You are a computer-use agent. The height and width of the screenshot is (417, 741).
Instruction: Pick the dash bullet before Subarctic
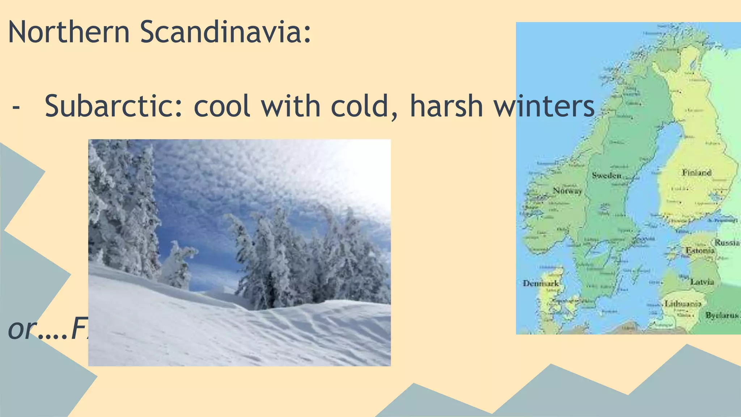(x=16, y=108)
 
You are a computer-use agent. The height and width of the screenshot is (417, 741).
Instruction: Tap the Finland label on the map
(x=696, y=173)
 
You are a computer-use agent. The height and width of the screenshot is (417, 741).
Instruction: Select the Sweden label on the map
(x=606, y=176)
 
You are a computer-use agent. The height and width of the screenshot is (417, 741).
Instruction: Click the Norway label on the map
(x=567, y=191)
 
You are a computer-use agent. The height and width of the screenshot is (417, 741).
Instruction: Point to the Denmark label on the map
(x=541, y=283)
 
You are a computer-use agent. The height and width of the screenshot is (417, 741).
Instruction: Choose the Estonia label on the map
(x=700, y=250)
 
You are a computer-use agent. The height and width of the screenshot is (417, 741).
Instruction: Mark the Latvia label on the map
(x=702, y=282)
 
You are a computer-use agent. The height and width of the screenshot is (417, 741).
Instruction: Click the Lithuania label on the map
(x=683, y=304)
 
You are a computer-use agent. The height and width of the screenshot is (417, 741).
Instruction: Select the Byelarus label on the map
(x=722, y=316)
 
